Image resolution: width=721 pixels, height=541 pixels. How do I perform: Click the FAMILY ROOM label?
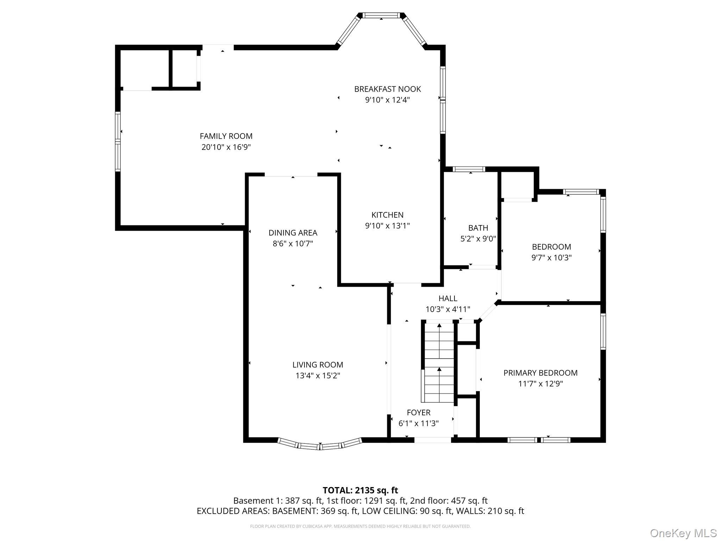(226, 136)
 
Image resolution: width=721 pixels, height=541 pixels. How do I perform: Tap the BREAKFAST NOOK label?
(388, 89)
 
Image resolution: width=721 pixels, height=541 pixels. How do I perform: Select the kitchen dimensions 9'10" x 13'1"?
(388, 226)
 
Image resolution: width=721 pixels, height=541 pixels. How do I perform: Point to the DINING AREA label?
(293, 233)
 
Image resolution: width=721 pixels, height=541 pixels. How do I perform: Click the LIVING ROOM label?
(318, 365)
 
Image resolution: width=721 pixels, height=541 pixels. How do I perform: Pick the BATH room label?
(478, 228)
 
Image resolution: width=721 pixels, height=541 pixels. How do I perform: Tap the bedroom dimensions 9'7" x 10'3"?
(551, 258)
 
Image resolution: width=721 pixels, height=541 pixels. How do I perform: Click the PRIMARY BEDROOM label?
(540, 373)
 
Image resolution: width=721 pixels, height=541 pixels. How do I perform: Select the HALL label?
(448, 299)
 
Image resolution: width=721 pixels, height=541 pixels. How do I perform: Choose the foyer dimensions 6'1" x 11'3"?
(419, 423)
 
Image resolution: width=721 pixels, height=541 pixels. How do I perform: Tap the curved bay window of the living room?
(320, 444)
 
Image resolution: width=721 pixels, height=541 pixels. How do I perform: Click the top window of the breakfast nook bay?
(382, 15)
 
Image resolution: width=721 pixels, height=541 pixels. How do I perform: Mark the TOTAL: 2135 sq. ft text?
(360, 490)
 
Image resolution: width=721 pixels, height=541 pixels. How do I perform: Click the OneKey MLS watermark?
(683, 533)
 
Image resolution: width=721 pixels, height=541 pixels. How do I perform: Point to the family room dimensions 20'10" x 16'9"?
(226, 147)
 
